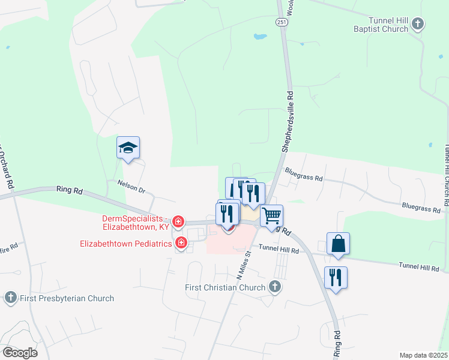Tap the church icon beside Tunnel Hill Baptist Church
point(418,24)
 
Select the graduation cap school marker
point(128,148)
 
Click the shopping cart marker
point(271,216)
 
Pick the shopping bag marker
point(339,244)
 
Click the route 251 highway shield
point(281,22)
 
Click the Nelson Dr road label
point(131,187)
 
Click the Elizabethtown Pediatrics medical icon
point(181,242)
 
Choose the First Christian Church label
point(224,287)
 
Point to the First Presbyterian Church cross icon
point(10,298)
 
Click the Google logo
point(20,352)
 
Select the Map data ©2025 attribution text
point(423,355)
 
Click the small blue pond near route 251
point(260,37)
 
